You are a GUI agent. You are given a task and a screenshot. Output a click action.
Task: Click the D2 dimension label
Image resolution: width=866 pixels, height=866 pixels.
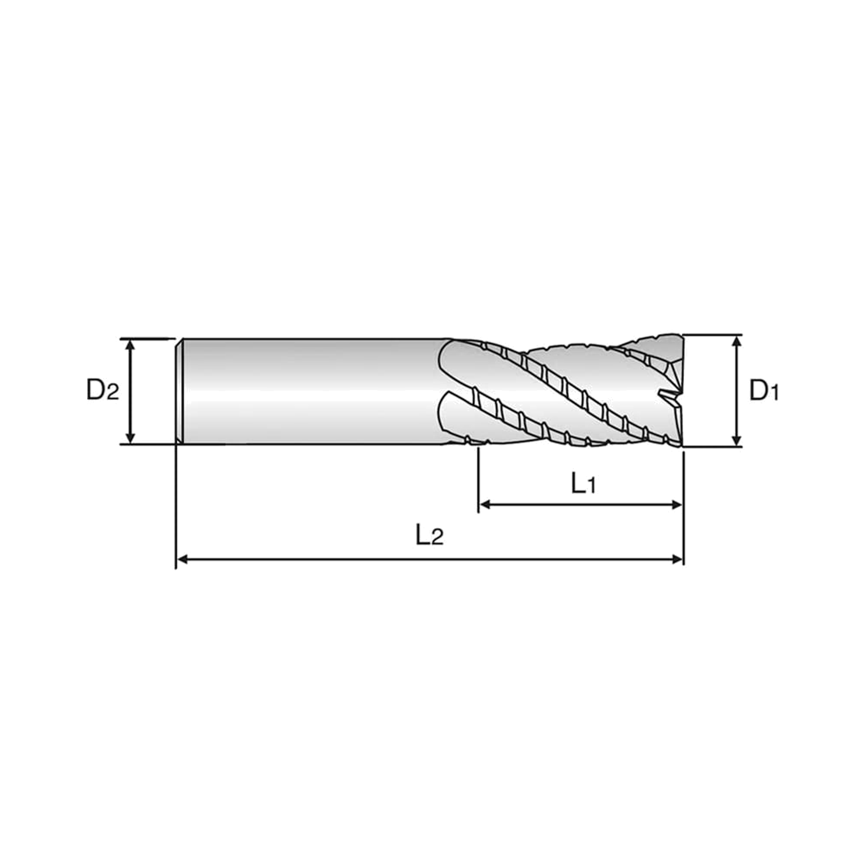(103, 390)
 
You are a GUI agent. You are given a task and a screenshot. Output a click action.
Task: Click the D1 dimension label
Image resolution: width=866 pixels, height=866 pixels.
(764, 391)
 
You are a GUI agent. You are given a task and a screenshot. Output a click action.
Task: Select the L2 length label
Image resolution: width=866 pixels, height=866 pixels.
(430, 535)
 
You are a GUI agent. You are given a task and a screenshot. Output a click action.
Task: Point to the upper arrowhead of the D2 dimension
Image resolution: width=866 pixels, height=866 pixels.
(130, 345)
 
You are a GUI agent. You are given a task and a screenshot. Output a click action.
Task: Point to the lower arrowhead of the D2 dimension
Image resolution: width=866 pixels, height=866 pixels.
(130, 438)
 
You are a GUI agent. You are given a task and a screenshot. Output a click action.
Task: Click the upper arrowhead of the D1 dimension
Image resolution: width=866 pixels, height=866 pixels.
(737, 341)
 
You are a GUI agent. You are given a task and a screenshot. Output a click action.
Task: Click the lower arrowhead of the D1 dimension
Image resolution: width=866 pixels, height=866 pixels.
(737, 441)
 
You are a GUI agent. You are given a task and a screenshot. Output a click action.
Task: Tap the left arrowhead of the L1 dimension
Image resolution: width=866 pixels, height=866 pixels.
(485, 505)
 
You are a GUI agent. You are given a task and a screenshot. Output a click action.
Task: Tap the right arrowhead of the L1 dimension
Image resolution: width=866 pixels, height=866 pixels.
(676, 505)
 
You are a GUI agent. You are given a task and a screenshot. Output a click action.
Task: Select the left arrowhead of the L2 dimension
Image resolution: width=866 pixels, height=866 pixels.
(182, 559)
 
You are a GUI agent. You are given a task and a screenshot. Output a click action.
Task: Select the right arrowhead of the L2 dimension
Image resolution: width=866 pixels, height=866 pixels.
(676, 559)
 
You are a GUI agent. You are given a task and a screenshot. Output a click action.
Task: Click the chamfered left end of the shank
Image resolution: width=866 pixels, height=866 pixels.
(179, 391)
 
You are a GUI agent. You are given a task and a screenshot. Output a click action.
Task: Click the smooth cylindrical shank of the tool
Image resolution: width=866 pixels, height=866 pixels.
(314, 391)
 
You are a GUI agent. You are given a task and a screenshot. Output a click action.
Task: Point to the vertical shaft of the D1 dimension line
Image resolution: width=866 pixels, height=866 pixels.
(737, 391)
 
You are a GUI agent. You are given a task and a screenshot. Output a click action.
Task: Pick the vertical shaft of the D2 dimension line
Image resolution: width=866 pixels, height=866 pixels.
(130, 391)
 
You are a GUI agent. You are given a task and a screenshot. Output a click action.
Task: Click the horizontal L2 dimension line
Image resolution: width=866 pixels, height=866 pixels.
(430, 559)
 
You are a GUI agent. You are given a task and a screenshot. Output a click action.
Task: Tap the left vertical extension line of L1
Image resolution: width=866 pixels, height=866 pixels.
(479, 481)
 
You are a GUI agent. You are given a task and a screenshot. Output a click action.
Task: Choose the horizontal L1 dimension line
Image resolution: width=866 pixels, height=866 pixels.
(581, 505)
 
